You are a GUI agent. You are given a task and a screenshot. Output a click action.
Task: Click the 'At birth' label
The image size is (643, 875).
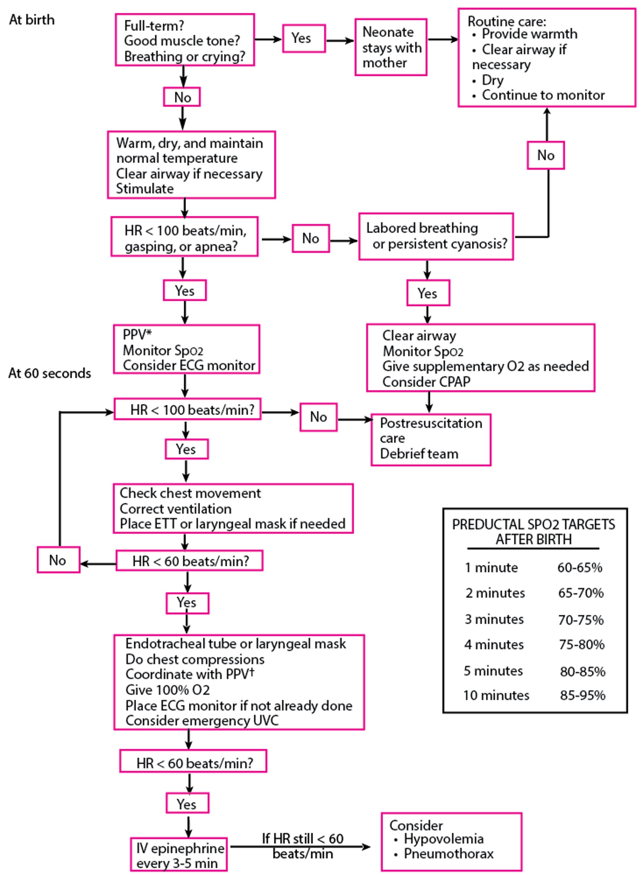[x=32, y=20]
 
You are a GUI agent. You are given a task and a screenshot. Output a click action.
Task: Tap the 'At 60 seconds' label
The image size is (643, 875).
[x=50, y=373]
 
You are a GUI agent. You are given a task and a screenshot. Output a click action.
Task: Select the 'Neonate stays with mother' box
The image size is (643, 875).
[x=391, y=47]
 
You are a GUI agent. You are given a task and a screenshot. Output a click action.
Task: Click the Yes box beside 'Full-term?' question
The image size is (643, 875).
[x=304, y=38]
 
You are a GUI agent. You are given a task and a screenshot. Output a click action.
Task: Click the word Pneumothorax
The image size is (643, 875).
[x=448, y=853]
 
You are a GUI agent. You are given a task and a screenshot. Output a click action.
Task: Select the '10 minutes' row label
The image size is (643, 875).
[x=496, y=695]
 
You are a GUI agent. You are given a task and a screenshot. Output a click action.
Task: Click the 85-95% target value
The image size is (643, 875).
[x=582, y=695]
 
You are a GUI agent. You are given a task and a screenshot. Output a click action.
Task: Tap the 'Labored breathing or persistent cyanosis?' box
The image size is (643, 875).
[x=436, y=236]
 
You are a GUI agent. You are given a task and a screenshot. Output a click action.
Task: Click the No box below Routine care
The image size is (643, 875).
[x=546, y=155]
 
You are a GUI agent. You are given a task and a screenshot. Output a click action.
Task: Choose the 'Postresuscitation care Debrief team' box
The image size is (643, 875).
[x=431, y=439]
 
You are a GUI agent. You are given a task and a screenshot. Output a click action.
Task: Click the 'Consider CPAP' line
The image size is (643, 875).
[x=426, y=381]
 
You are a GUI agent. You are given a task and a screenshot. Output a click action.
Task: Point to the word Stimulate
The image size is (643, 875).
[x=145, y=189]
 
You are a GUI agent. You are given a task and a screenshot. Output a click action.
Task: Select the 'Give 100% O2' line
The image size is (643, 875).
[x=167, y=690]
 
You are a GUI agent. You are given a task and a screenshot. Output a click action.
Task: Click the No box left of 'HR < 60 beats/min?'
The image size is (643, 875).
[x=58, y=560]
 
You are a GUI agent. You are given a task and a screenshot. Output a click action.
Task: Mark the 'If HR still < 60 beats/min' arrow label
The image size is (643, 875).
[x=302, y=846]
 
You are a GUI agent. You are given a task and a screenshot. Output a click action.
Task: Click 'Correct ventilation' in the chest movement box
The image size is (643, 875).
[x=175, y=509]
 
